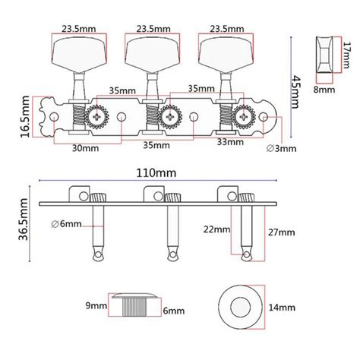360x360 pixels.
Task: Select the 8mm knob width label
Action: click(325, 89)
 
